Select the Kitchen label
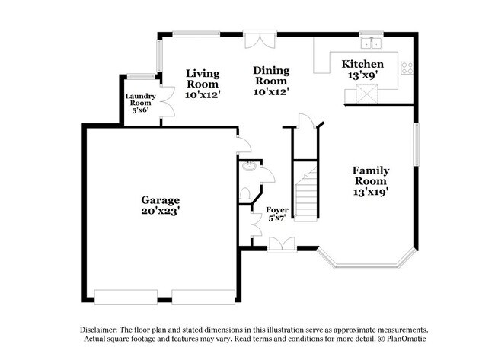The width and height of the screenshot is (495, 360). pyautogui.click(x=362, y=64)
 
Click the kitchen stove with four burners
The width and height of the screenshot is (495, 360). pyautogui.click(x=407, y=67)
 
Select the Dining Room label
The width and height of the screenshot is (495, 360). pyautogui.click(x=270, y=75)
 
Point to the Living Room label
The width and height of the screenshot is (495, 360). pyautogui.click(x=203, y=79)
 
